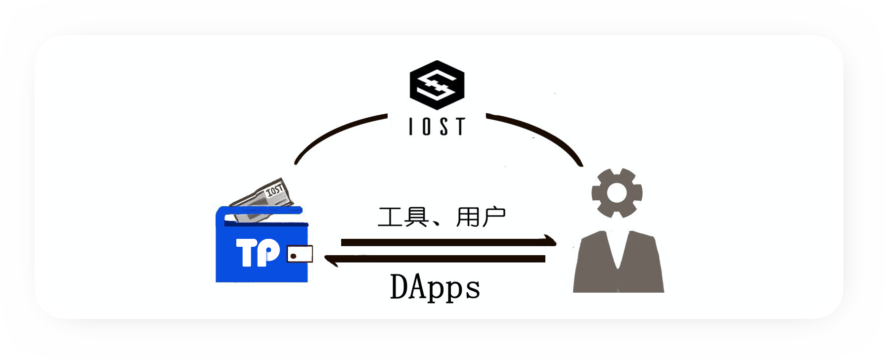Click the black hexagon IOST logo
point(437,85)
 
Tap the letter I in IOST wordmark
point(411,126)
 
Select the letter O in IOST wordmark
point(426,126)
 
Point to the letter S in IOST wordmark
point(444,126)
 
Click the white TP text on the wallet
point(258,252)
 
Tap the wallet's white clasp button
point(300,254)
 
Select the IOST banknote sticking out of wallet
point(262,198)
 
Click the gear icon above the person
point(617,192)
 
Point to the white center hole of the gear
point(617,192)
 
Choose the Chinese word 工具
point(403,217)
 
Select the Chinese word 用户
point(481,217)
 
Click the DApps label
point(435,287)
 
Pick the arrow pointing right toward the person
point(448,242)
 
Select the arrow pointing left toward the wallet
point(435,259)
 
